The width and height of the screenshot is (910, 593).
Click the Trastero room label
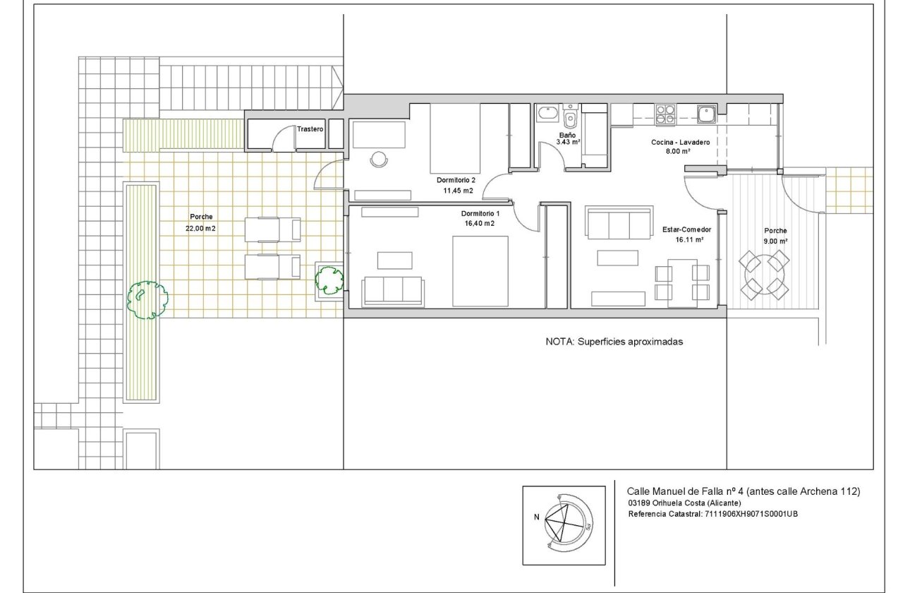point(310,129)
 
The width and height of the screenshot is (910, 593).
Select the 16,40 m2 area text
point(479,223)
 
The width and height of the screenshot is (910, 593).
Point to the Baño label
point(567,134)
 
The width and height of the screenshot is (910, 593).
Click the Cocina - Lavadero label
point(680,142)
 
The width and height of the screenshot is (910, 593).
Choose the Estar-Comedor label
point(686,230)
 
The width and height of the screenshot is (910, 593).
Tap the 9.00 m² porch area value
point(775,241)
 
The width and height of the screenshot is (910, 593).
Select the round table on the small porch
point(763,274)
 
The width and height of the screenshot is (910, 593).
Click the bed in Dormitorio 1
point(480,271)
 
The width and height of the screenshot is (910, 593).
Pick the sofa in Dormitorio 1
point(393,291)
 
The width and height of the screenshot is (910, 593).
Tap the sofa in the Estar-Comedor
point(619,224)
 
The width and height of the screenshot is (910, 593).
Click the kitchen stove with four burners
point(665,114)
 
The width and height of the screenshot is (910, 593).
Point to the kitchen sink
point(706,114)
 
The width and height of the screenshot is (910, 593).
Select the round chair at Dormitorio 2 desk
point(379,160)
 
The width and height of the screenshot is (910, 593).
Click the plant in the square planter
point(328,280)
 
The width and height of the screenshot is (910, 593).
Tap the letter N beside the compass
point(537,517)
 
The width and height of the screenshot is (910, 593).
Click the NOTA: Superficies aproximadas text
point(614,341)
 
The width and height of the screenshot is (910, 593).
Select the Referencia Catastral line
point(712,514)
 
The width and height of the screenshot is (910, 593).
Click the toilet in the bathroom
point(570,116)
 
